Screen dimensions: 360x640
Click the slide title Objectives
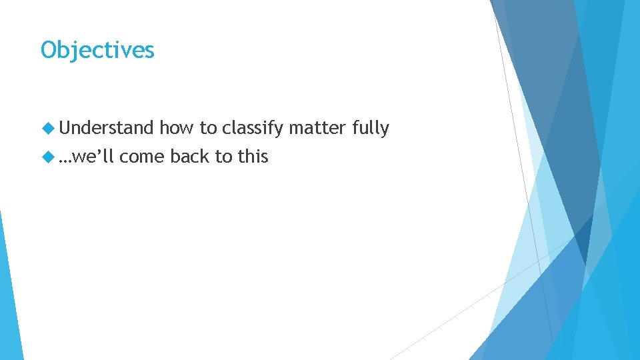97,50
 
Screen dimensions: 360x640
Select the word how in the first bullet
173,128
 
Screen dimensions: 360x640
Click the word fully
370,128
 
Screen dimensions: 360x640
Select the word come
143,157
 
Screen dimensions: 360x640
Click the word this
252,157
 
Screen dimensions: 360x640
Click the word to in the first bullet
208,128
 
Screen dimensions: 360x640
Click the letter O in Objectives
49,50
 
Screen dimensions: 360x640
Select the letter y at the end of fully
385,130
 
